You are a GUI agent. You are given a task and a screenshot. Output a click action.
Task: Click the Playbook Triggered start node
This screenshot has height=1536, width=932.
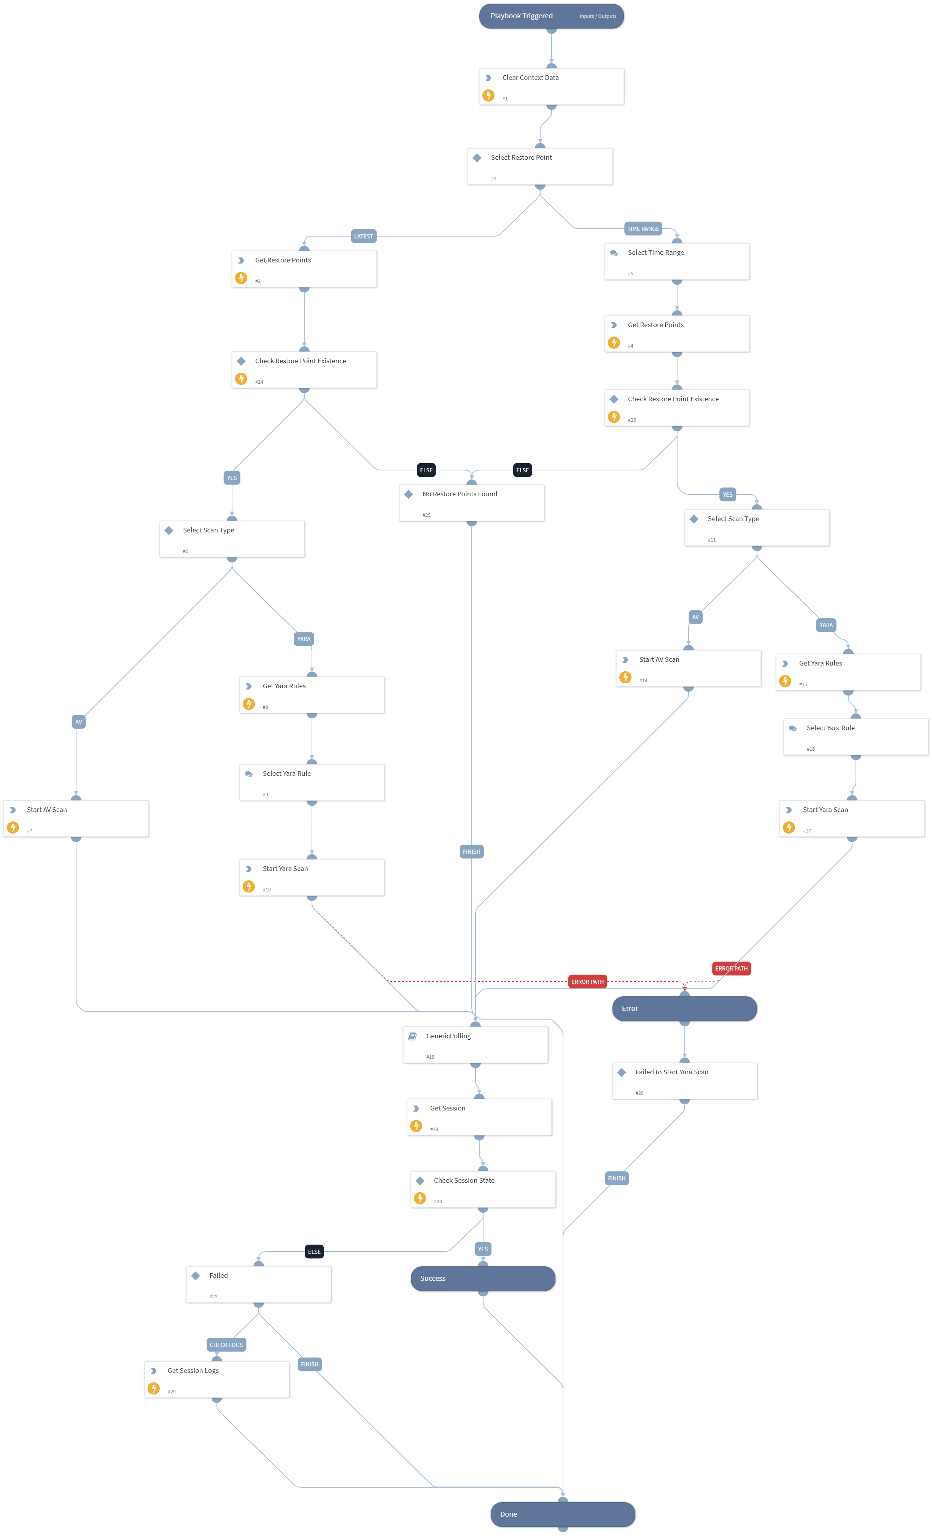tap(551, 16)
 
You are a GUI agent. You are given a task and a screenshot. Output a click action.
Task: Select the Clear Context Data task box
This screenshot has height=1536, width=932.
tap(551, 87)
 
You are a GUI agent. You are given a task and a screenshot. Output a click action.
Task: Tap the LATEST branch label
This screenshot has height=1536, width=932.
tap(363, 236)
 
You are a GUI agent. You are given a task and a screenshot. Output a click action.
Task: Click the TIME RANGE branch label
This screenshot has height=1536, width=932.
tap(643, 229)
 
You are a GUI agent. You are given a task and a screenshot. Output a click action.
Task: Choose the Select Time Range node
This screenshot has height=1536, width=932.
tap(677, 262)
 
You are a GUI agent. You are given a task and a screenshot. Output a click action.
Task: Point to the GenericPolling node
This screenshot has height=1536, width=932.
tap(475, 1045)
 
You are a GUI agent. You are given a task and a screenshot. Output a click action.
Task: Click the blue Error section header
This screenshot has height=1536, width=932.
tap(684, 1009)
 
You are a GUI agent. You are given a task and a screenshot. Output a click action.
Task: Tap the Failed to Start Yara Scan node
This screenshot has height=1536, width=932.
tap(684, 1081)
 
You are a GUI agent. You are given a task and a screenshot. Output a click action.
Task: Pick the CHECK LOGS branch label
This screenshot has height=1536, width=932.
tap(226, 1345)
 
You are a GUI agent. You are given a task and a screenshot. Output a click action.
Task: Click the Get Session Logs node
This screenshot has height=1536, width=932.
tap(217, 1380)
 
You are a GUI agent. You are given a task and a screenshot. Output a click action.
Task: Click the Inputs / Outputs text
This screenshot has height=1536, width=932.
tap(598, 16)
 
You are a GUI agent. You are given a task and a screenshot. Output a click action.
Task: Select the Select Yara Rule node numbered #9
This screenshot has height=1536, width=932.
tap(312, 782)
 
